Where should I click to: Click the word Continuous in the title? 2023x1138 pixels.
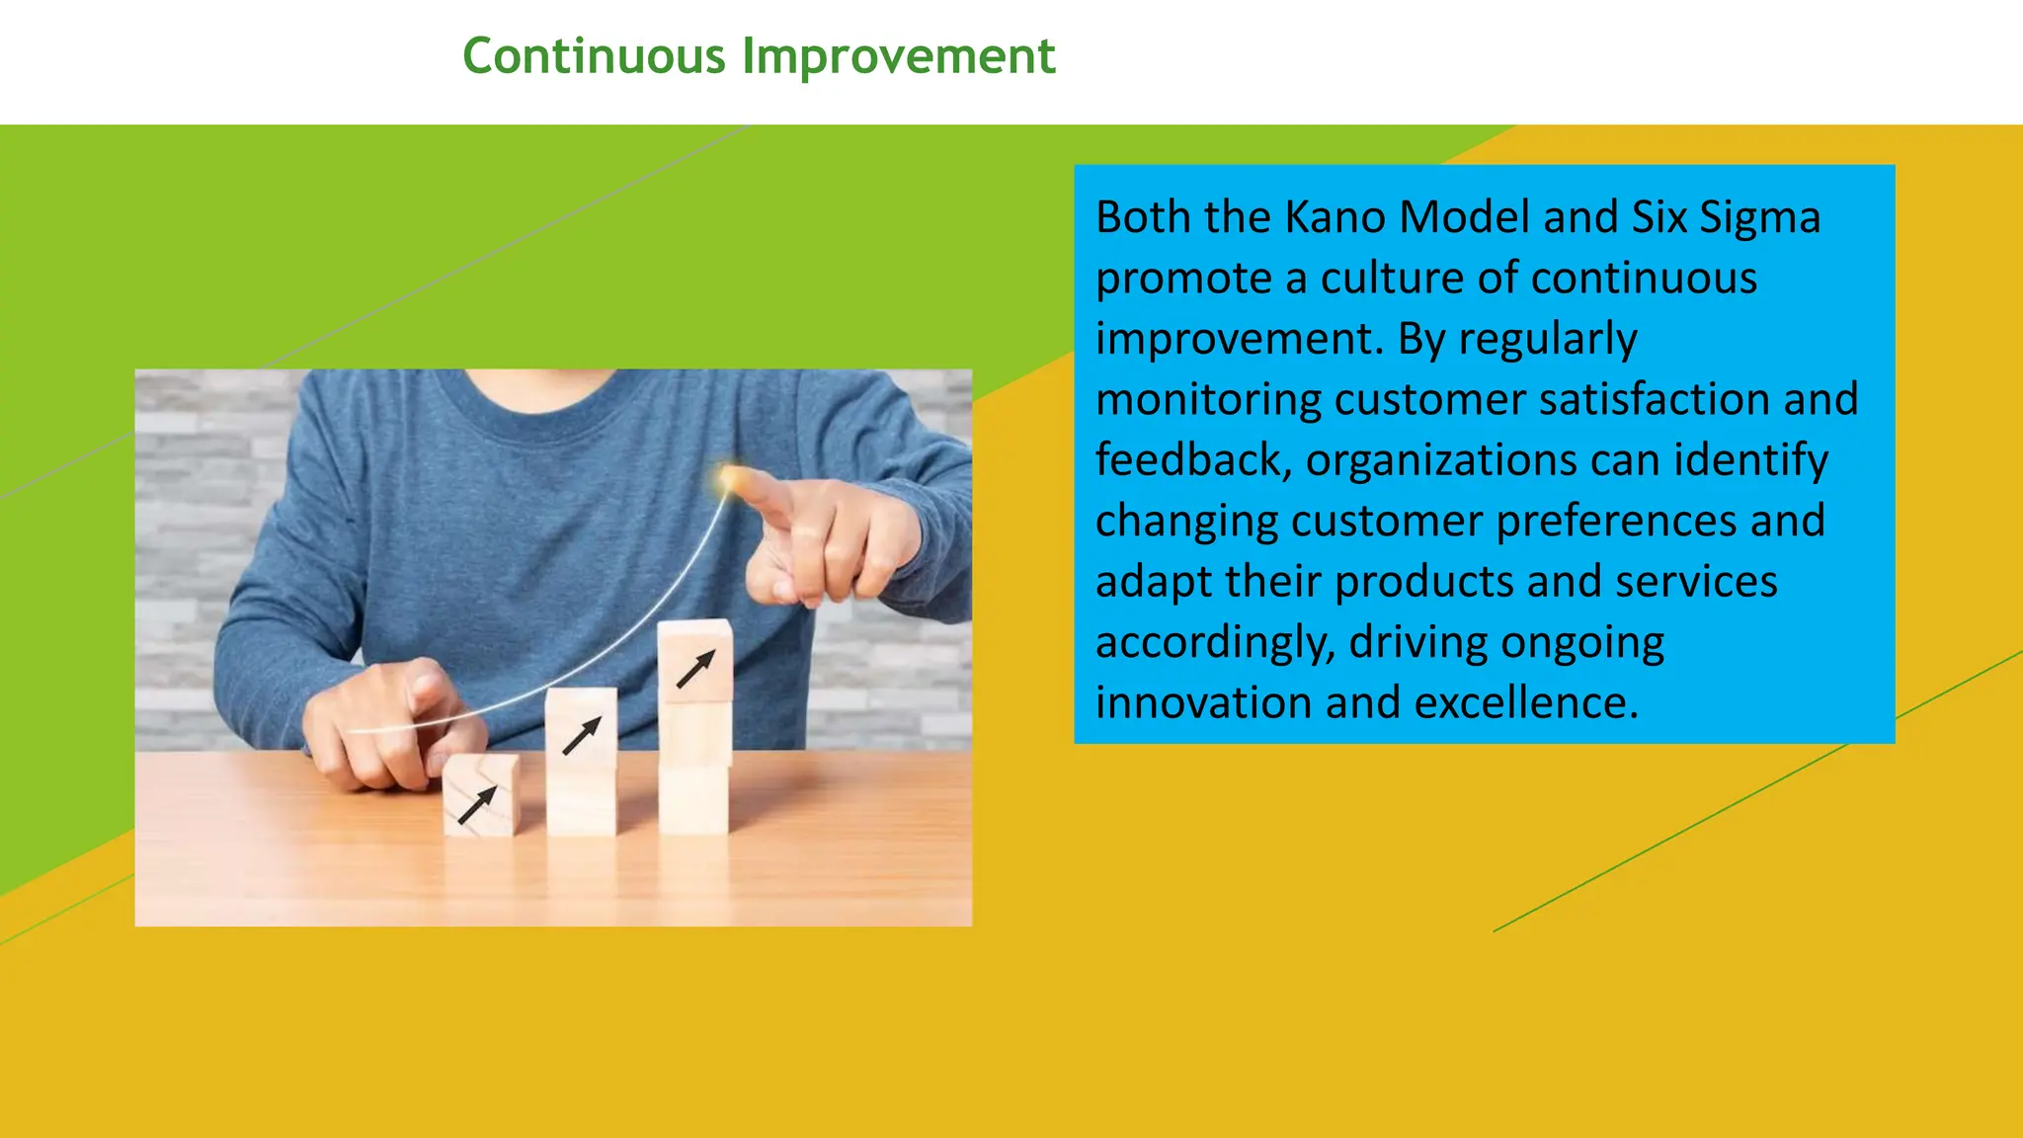594,56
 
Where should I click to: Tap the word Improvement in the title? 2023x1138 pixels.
898,56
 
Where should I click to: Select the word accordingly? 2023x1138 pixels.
1215,643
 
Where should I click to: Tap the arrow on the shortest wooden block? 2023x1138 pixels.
477,804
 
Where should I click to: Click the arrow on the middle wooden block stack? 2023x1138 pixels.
581,736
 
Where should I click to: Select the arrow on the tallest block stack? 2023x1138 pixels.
694,669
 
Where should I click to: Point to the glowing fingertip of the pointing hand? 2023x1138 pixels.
731,479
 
